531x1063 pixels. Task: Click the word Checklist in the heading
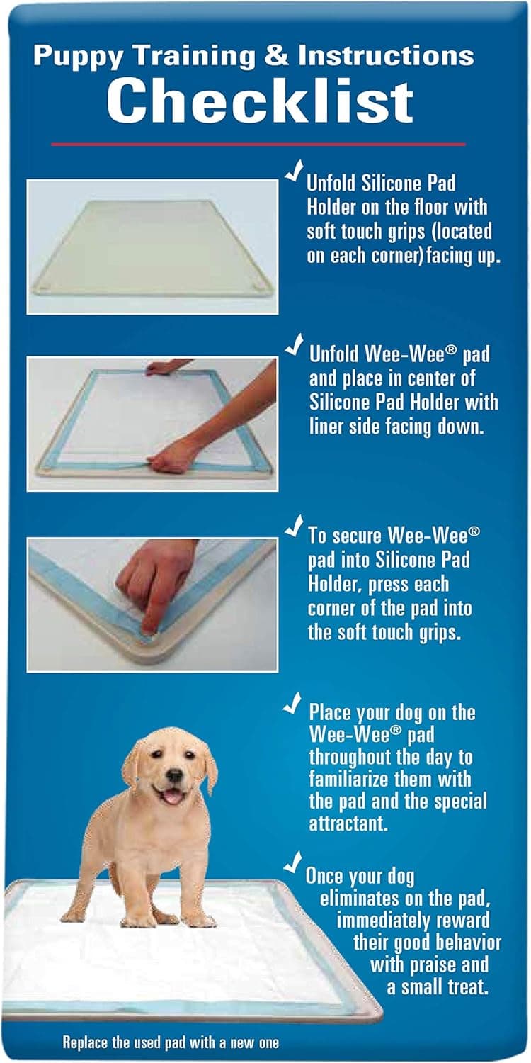pyautogui.click(x=260, y=101)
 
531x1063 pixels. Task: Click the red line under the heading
pyautogui.click(x=258, y=144)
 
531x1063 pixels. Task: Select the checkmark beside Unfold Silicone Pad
pyautogui.click(x=294, y=173)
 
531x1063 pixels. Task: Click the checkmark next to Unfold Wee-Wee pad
pyautogui.click(x=294, y=345)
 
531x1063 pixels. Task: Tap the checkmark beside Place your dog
pyautogui.click(x=292, y=703)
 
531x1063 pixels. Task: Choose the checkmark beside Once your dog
pyautogui.click(x=292, y=862)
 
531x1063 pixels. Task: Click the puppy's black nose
pyautogui.click(x=173, y=776)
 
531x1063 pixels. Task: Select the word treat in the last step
pyautogui.click(x=467, y=987)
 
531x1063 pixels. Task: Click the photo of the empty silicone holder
pyautogui.click(x=152, y=246)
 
